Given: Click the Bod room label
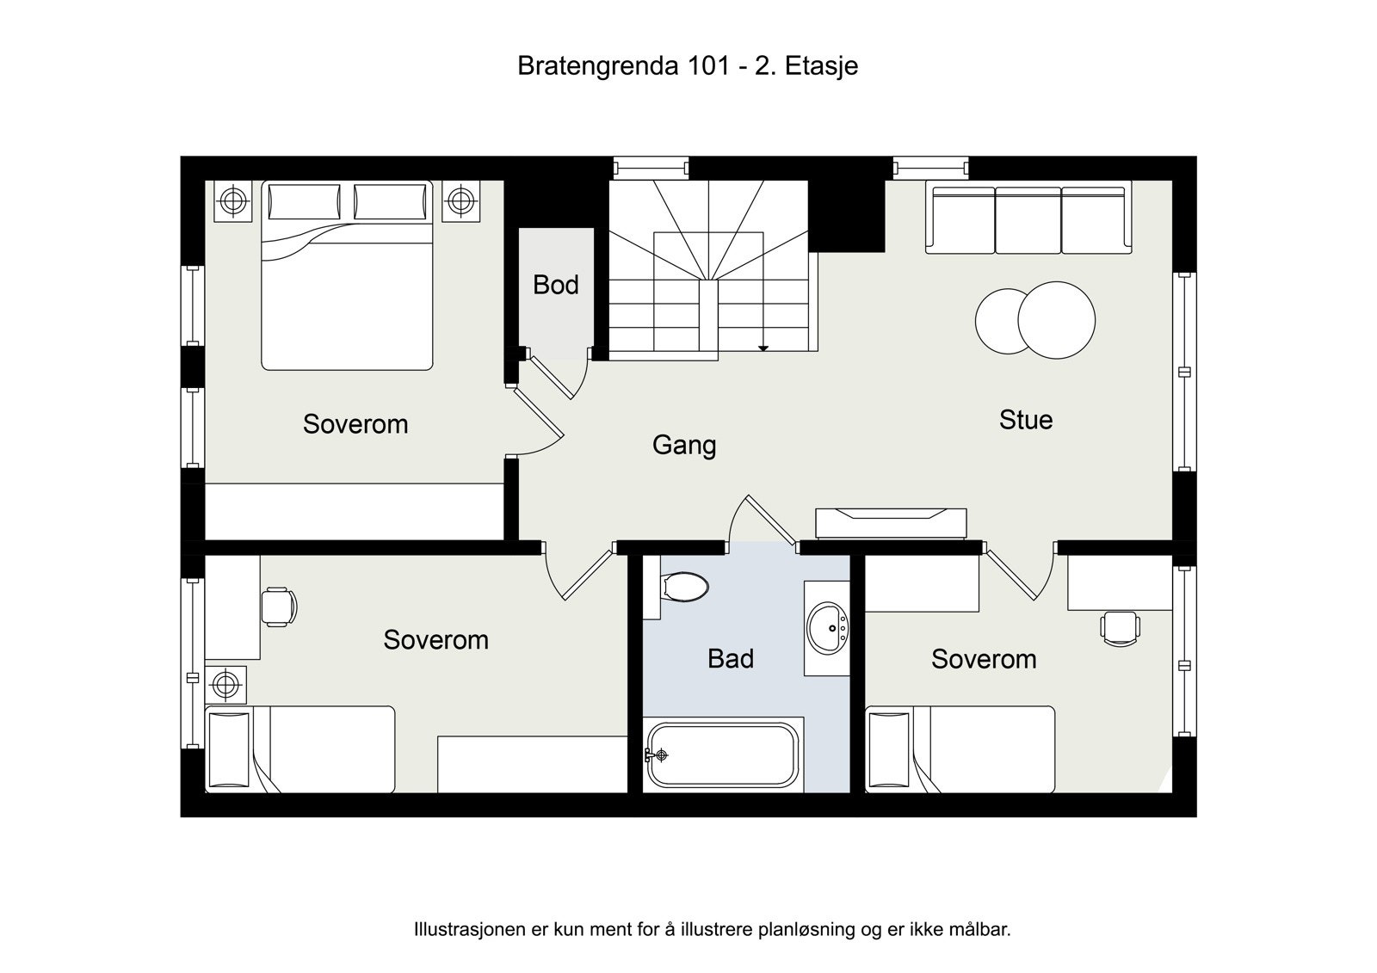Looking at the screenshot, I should pyautogui.click(x=555, y=285).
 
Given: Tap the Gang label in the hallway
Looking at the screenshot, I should pyautogui.click(x=684, y=445).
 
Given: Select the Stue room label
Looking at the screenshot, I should pyautogui.click(x=1025, y=420).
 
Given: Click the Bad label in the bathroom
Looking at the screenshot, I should pyautogui.click(x=731, y=659).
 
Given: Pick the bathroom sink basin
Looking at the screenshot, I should pyautogui.click(x=829, y=628).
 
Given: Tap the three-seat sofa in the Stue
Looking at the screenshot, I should pyautogui.click(x=1028, y=219).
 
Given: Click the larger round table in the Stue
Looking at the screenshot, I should pyautogui.click(x=1057, y=319).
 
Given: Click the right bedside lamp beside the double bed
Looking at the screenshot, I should pyautogui.click(x=462, y=201).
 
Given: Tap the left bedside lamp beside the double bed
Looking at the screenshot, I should pyautogui.click(x=232, y=201).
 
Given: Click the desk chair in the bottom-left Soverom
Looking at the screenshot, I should pyautogui.click(x=278, y=607).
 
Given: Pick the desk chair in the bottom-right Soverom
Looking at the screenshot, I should pyautogui.click(x=1120, y=627).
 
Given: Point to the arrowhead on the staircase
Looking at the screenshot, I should pyautogui.click(x=763, y=348).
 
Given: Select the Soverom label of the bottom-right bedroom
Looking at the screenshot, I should pyautogui.click(x=984, y=660).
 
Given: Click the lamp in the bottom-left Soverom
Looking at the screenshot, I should pyautogui.click(x=225, y=685).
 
